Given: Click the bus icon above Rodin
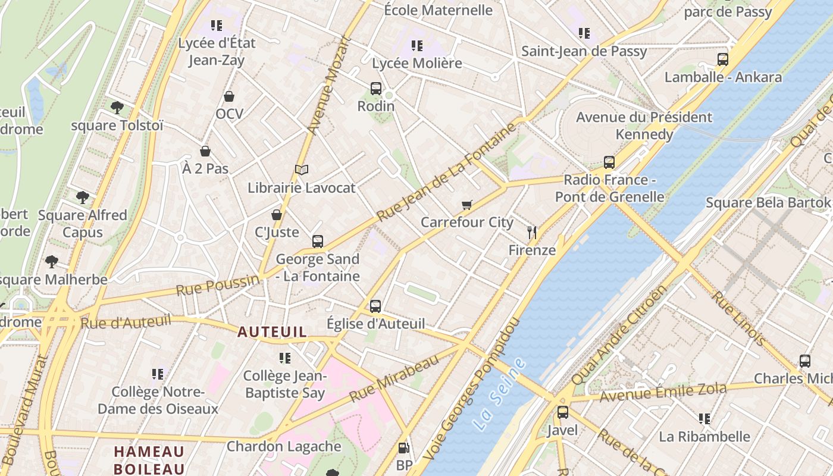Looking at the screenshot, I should point(375,89).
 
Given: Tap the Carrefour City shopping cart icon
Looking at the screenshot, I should point(467,205).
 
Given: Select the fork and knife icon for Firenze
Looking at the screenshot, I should point(532,233).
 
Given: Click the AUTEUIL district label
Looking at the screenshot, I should point(272,332).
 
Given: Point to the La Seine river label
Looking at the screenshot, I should point(500,394).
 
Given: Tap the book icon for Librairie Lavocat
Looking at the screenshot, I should point(302,170).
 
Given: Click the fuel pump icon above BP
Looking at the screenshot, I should point(404,448).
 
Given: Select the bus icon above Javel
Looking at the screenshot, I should point(562,412).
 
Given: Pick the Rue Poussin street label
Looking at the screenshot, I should point(218,286).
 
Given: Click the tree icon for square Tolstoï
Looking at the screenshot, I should point(117,108).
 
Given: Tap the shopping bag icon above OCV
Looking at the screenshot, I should point(229,96).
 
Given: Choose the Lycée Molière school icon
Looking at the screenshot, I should point(416,46).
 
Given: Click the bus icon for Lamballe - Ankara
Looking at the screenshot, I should point(722,59).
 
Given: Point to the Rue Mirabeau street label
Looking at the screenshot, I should point(394,377).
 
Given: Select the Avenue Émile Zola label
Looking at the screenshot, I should point(663,393).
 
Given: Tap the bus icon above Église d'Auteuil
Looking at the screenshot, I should point(375,306).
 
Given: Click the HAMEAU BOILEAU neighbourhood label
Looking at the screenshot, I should point(149,460).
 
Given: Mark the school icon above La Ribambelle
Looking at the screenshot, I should point(704,419).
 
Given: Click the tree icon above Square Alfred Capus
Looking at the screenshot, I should point(83,198).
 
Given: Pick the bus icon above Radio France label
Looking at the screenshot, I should point(609,162).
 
